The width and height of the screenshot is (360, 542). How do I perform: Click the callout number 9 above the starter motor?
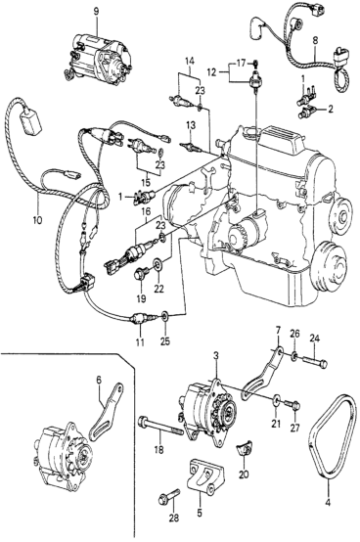(96, 12)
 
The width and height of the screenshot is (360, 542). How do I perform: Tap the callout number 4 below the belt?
(328, 502)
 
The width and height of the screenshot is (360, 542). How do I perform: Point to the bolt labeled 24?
(315, 362)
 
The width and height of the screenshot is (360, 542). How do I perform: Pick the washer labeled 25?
(165, 315)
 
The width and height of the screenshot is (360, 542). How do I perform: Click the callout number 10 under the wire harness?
(37, 220)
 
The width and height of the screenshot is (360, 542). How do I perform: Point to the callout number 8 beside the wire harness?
(315, 40)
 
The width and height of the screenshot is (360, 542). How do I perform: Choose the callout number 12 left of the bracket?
(211, 72)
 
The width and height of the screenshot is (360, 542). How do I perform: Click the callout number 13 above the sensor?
(191, 125)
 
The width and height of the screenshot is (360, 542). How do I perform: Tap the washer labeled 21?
(276, 401)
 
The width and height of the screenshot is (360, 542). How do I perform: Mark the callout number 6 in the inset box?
(99, 380)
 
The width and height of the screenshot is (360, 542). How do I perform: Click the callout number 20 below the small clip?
(244, 474)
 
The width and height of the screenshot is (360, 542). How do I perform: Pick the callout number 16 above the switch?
(146, 211)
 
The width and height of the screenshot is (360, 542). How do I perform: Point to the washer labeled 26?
(294, 356)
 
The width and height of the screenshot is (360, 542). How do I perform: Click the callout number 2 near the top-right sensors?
(331, 110)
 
